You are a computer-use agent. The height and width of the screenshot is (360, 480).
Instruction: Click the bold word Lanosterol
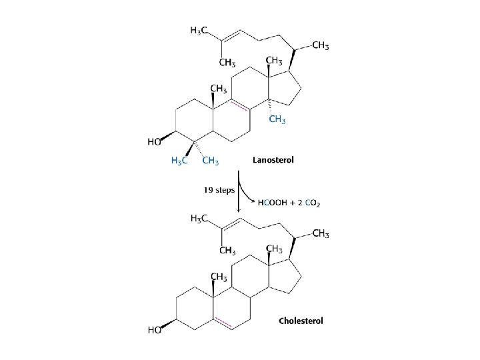tap(273, 160)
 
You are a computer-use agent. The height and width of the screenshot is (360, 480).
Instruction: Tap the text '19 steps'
tap(219, 189)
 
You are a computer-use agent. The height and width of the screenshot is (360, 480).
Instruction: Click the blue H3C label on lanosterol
tap(179, 161)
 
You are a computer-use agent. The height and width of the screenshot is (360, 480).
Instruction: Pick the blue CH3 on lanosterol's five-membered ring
tap(277, 120)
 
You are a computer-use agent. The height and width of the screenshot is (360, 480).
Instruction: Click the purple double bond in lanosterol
tap(239, 105)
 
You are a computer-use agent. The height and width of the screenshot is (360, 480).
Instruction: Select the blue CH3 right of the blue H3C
tap(211, 161)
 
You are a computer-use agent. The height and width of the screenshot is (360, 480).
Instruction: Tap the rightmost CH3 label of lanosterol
tap(321, 45)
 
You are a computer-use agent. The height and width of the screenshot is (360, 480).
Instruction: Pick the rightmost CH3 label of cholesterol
tap(321, 233)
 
